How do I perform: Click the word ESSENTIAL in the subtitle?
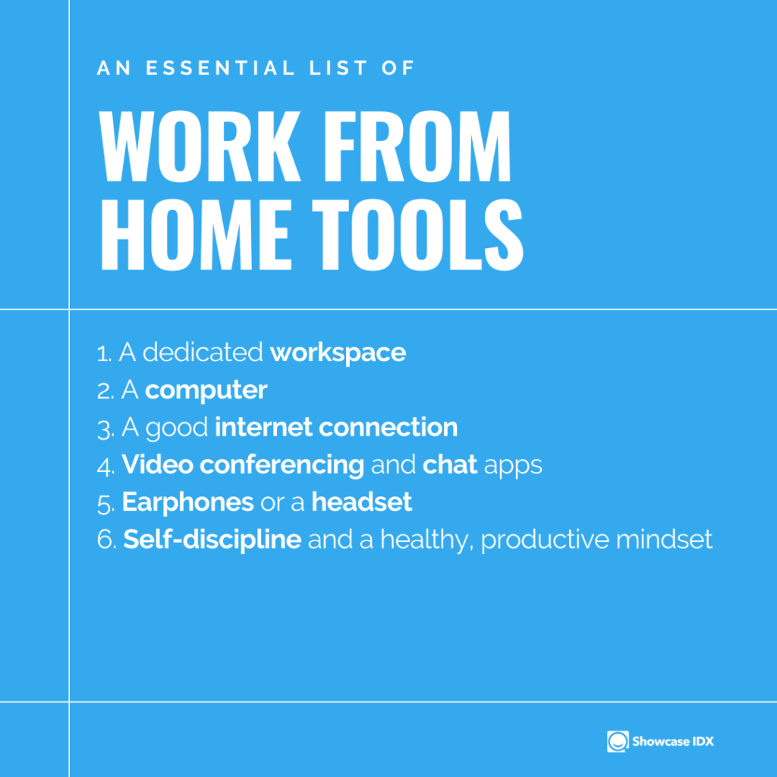tap(221, 68)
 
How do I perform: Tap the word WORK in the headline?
tap(200, 146)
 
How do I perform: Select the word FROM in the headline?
tap(417, 146)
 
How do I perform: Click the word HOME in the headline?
tap(195, 234)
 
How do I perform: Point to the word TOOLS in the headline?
tap(417, 234)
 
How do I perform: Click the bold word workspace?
tap(338, 353)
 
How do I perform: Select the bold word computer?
tap(206, 391)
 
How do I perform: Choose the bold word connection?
tap(388, 427)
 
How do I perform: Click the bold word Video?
tap(158, 464)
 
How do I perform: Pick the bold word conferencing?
tap(282, 465)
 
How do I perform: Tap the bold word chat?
tap(450, 464)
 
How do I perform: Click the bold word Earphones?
tap(188, 502)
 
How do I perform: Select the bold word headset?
tap(362, 502)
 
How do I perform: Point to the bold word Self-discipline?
tap(212, 539)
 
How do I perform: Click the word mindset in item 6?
tap(664, 539)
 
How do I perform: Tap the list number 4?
tap(105, 467)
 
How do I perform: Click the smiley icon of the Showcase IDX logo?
tap(618, 741)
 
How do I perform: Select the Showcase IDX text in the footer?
tap(673, 741)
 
